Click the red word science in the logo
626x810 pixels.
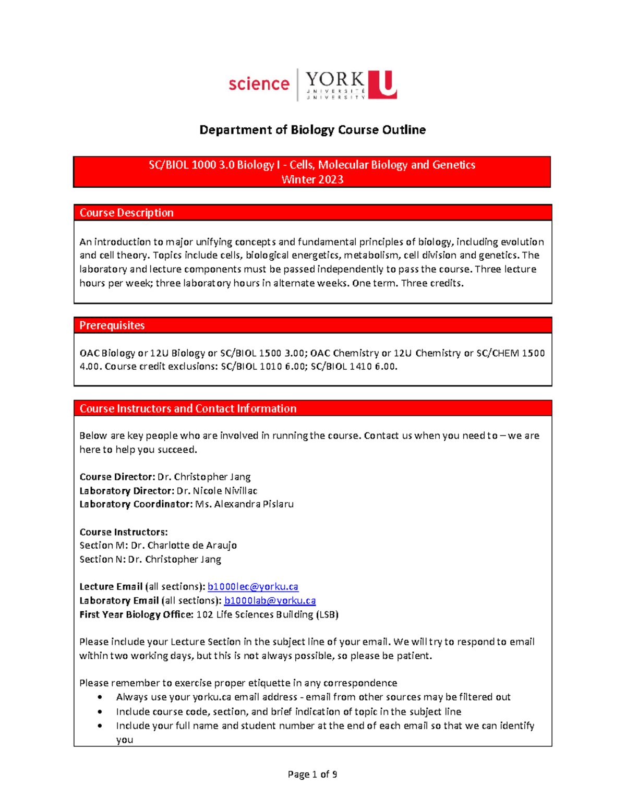tap(259, 84)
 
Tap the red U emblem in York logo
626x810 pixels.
tap(382, 84)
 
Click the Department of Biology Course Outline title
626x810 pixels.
tap(312, 130)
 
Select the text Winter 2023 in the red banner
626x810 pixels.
tap(312, 179)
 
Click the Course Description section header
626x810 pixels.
tap(127, 213)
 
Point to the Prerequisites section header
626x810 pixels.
tap(112, 325)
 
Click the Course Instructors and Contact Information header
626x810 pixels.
tap(188, 408)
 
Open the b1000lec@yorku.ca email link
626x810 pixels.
tap(253, 587)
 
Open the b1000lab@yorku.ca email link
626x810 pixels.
tap(270, 601)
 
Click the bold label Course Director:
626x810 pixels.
tap(117, 477)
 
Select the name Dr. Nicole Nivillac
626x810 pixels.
tap(216, 491)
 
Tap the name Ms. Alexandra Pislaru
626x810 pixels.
tap(244, 504)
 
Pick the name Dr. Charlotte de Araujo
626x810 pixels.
tap(184, 546)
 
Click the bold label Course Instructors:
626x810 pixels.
tap(124, 532)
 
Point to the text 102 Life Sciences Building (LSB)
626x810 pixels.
tap(267, 614)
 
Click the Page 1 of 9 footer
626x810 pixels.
tap(312, 775)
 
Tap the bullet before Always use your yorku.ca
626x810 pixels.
tap(100, 697)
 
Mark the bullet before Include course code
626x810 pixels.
tap(100, 712)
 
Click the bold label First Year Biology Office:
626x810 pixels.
tap(137, 614)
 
